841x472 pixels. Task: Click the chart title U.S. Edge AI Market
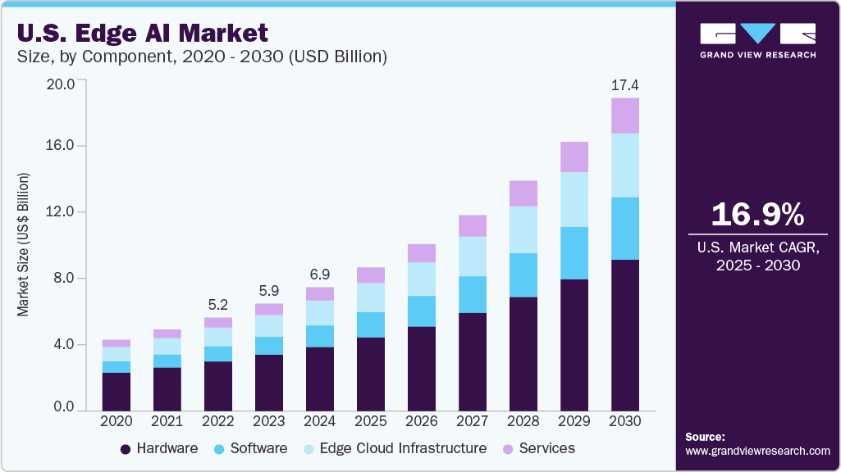(x=141, y=33)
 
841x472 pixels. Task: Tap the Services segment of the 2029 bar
(x=574, y=157)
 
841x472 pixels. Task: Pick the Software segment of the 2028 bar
(x=523, y=275)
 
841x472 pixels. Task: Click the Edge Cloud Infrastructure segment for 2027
(x=472, y=256)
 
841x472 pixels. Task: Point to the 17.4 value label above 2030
(x=624, y=84)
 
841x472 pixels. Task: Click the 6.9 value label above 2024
(x=319, y=274)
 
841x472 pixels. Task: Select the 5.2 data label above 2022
(x=217, y=304)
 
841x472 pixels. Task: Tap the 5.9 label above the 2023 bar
(x=268, y=290)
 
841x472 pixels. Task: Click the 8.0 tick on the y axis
(x=64, y=279)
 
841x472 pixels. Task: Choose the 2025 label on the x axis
(x=370, y=420)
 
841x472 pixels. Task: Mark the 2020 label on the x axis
(x=116, y=420)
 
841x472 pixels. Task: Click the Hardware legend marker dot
(x=126, y=449)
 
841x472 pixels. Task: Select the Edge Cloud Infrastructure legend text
(x=403, y=448)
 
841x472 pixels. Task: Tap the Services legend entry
(x=537, y=448)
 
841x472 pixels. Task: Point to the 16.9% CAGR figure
(x=757, y=214)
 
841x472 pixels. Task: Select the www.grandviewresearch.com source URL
(x=757, y=451)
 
